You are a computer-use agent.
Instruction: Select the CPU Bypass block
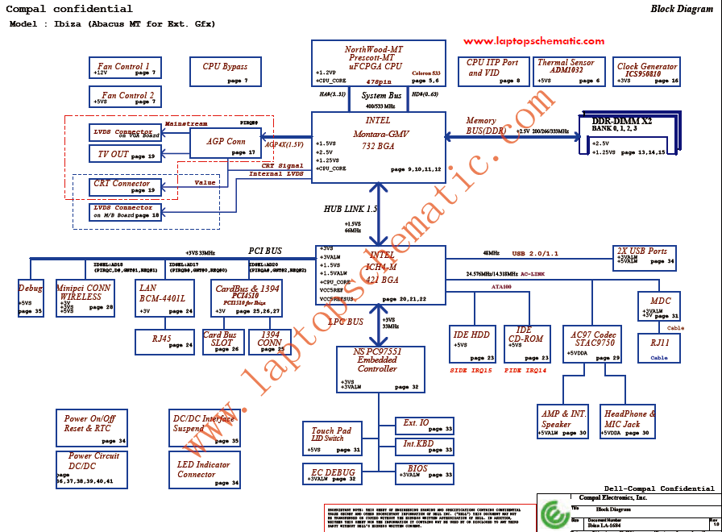tap(226, 71)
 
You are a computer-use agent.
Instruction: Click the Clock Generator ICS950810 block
tap(647, 71)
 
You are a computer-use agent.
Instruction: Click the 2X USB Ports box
tap(644, 256)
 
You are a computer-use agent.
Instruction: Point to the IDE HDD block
tap(472, 343)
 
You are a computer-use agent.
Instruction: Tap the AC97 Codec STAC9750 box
tap(594, 343)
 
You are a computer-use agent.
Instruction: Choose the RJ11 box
tap(666, 347)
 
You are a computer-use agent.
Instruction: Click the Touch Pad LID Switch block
tap(332, 438)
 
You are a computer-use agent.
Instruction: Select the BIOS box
tap(425, 472)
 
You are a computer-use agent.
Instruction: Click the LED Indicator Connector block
tap(205, 470)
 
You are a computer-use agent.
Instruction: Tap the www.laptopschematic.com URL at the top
tap(533, 41)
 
